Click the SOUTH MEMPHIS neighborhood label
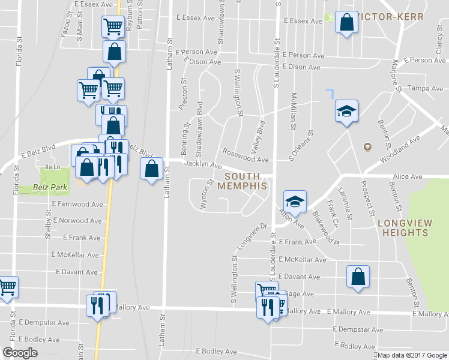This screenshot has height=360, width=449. click(246, 181)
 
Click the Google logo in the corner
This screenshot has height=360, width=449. click(20, 353)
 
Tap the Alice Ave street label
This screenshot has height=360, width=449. click(408, 177)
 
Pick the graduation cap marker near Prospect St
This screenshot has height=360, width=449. click(346, 111)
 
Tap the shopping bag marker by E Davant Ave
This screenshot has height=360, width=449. click(358, 277)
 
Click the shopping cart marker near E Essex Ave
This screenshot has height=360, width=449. click(113, 26)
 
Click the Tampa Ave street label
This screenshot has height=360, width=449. click(425, 88)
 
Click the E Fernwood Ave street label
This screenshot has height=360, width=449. click(77, 205)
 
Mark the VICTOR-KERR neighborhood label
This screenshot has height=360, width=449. click(393, 16)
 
